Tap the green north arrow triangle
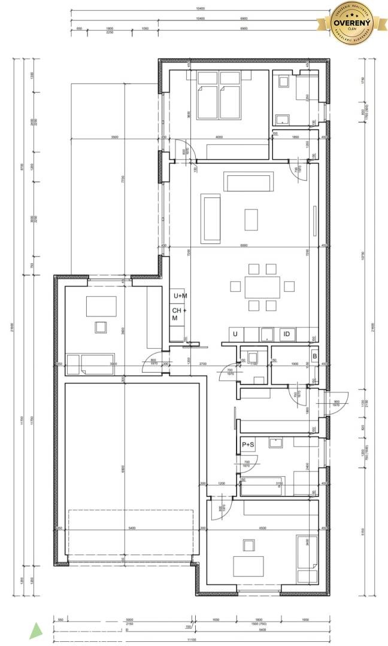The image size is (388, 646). [x=37, y=630]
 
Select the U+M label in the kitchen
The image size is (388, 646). [x=180, y=296]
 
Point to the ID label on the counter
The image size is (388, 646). [x=287, y=334]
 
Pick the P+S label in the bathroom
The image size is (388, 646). [x=248, y=445]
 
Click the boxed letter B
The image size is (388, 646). [x=314, y=357]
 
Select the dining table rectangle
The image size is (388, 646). [x=261, y=288]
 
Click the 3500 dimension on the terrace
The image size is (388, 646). [x=114, y=138]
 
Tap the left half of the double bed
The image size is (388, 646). [x=207, y=95]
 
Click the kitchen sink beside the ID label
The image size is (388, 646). [x=266, y=334]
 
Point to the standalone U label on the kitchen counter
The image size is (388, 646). [x=235, y=334]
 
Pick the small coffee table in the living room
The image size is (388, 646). [x=251, y=218]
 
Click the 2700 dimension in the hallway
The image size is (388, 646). [x=202, y=364]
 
